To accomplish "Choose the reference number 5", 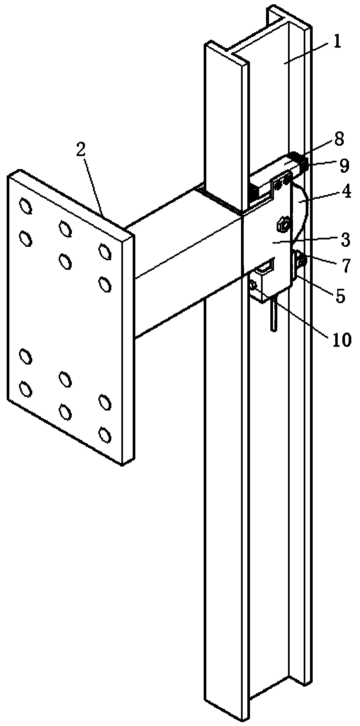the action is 340,296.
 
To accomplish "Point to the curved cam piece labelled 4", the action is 301,213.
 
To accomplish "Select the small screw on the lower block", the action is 253,285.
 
